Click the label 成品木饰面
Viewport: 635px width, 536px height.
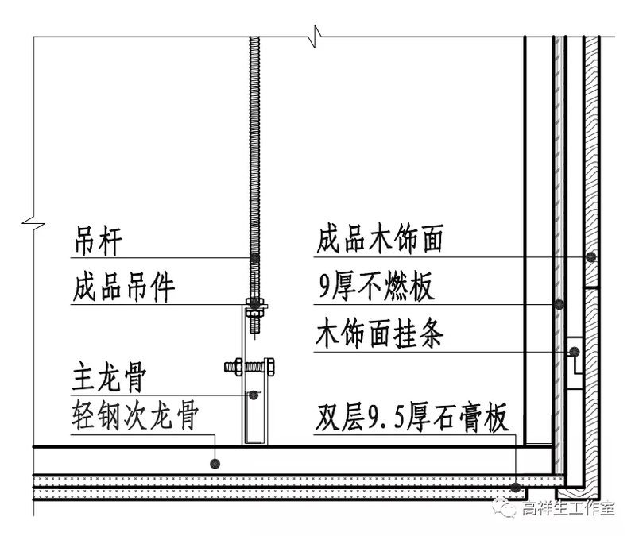point(379,240)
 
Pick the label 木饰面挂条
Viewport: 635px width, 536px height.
point(379,334)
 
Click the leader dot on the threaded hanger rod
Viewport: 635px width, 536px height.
point(254,258)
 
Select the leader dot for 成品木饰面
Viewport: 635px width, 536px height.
point(591,257)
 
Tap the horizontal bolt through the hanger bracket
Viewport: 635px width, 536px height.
point(250,367)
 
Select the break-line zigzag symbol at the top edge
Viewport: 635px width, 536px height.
point(316,36)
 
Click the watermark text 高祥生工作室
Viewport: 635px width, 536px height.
point(567,509)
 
